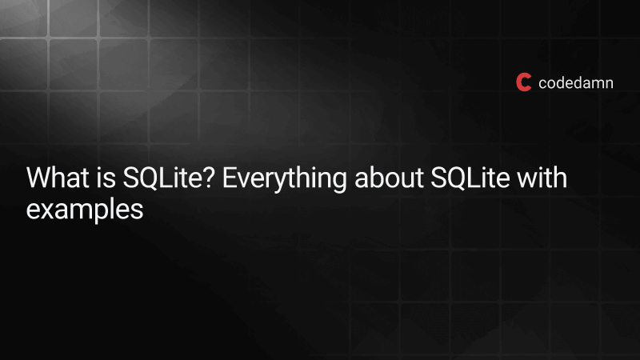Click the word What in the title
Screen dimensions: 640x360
tap(58, 178)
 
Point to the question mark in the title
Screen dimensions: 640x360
tap(209, 178)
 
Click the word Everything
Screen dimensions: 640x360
tap(284, 179)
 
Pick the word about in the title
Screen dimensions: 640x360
tap(389, 178)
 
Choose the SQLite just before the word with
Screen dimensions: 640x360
tap(470, 178)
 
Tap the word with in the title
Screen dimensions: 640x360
tap(542, 178)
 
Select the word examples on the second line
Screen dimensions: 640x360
tap(85, 210)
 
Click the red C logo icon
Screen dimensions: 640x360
tap(523, 82)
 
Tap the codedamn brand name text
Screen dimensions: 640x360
tap(575, 83)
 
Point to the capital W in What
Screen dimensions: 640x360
tap(38, 178)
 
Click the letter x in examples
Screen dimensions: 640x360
tap(48, 211)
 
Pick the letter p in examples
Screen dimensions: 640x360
tap(97, 214)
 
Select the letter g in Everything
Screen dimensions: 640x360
tap(338, 182)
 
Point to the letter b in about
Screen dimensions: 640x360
tap(376, 178)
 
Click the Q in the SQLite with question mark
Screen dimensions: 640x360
tap(148, 178)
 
